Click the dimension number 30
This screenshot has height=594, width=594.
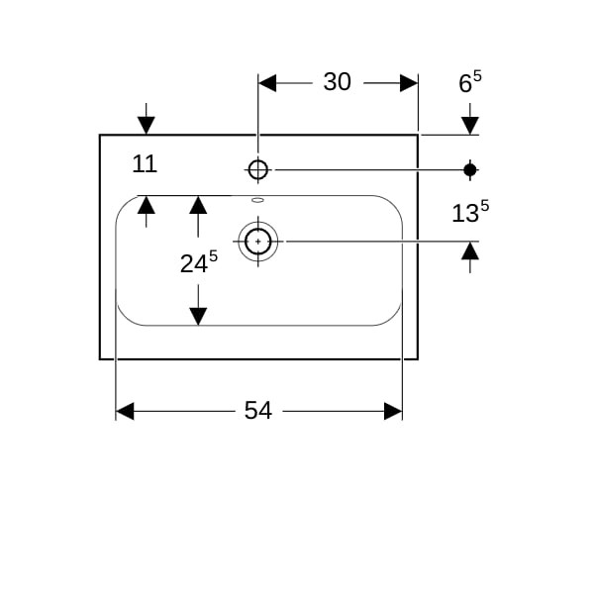tap(337, 82)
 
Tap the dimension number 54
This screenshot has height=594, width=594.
tap(257, 410)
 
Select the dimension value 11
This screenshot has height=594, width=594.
tap(145, 164)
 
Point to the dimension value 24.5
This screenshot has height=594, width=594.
tap(198, 263)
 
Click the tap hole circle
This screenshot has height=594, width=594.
tap(258, 170)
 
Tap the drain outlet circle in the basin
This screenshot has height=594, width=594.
tap(258, 241)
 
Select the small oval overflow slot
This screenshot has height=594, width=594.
tap(258, 200)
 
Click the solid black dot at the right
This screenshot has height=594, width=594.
tap(470, 170)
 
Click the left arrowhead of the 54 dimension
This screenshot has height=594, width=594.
tap(125, 410)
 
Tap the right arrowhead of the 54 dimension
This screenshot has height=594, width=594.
tap(393, 410)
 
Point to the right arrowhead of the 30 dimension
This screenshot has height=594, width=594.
tap(409, 82)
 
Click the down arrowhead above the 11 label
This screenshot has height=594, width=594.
tap(147, 125)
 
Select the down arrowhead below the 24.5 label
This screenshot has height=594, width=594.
tap(198, 316)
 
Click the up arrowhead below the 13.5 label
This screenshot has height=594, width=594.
tap(470, 250)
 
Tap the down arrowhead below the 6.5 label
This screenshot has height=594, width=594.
tap(470, 125)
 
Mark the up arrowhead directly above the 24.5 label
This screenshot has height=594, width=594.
tap(198, 205)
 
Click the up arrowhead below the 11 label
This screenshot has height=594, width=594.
tap(147, 205)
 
